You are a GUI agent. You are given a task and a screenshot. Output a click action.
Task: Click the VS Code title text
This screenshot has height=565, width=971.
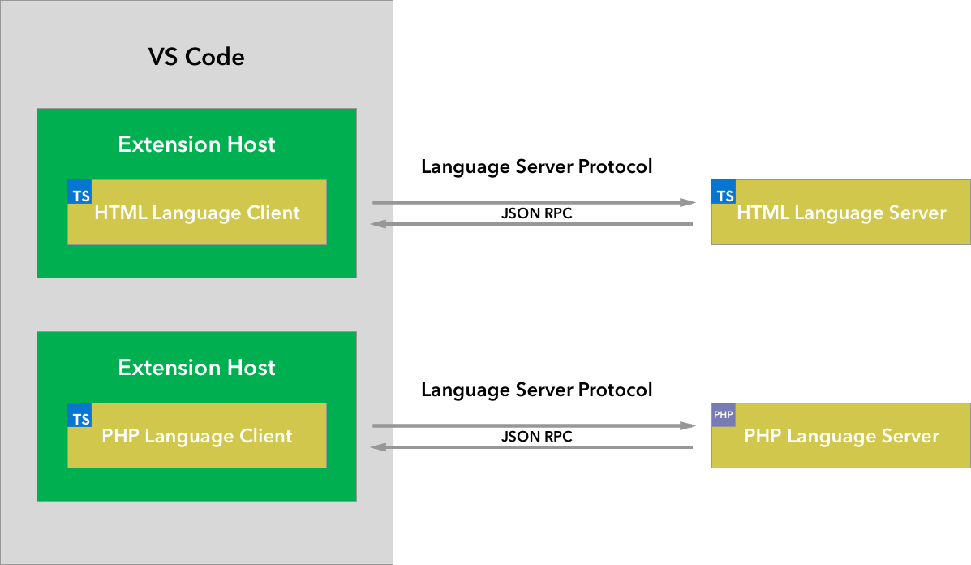pos(196,57)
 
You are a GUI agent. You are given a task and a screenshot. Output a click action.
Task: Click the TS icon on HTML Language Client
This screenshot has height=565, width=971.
pos(80,196)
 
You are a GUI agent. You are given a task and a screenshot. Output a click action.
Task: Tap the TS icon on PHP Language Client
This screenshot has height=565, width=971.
pos(80,419)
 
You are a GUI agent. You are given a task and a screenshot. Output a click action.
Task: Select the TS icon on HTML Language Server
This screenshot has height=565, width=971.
pos(724,196)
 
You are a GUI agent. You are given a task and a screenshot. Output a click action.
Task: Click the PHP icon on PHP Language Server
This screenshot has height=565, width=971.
pos(724,415)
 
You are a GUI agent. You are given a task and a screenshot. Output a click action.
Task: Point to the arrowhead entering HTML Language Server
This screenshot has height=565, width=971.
pos(690,202)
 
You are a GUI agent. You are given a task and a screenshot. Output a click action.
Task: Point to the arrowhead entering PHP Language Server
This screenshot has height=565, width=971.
pos(690,425)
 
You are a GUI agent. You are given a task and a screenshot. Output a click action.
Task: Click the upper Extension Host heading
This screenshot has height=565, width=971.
pos(197,144)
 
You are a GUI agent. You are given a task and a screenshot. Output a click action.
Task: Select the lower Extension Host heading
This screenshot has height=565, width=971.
pos(197,368)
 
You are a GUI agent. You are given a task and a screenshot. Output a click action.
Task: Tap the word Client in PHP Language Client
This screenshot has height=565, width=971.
pos(265,437)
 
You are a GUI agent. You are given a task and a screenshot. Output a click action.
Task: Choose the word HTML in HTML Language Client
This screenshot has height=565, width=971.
pos(121,213)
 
